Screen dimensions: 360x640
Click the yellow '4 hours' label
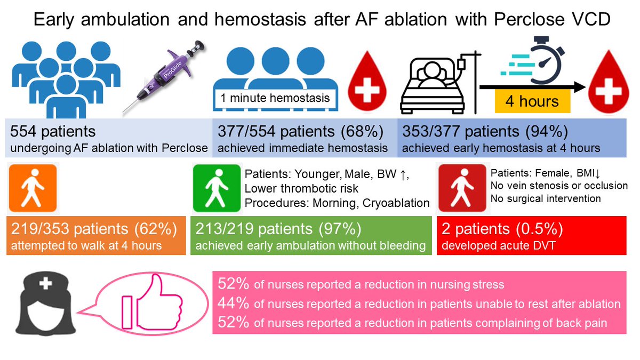pyautogui.click(x=532, y=101)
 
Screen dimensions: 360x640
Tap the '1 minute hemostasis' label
pyautogui.click(x=275, y=98)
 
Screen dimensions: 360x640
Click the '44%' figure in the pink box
pyautogui.click(x=234, y=303)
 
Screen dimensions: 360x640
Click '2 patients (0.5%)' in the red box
pyautogui.click(x=501, y=229)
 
